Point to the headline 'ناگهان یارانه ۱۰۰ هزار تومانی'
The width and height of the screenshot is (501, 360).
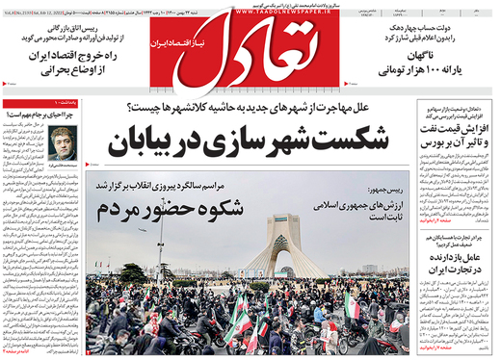click(406, 63)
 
